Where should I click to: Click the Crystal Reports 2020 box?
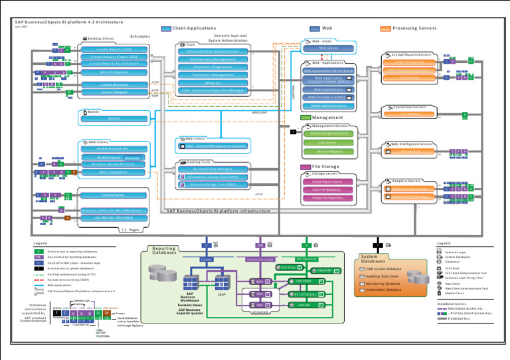coord(114,49)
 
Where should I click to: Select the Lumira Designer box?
coord(114,92)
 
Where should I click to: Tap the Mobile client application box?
coord(114,118)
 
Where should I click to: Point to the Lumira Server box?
coord(114,195)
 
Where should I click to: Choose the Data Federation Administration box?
coord(212,51)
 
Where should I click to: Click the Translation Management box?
coord(212,74)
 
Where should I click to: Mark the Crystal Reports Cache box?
coord(327,181)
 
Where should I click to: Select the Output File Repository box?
coord(327,198)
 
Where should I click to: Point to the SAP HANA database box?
coord(307,281)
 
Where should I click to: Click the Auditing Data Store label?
coord(384,276)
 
